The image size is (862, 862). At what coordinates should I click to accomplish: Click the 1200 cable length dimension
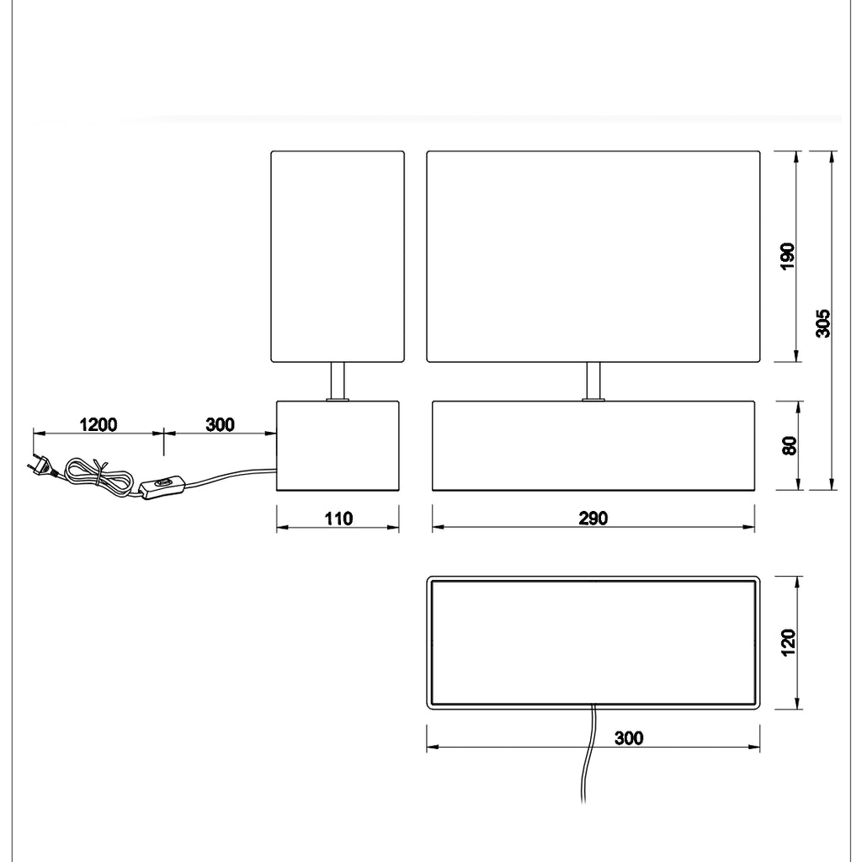98,425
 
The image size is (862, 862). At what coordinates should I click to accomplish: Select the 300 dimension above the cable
220,425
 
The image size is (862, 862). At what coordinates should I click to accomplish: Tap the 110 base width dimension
338,519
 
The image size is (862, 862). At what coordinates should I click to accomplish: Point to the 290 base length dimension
593,519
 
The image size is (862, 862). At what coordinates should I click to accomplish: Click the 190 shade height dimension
788,256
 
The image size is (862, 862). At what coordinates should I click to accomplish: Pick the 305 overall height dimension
823,323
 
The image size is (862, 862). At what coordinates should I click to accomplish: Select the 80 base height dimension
789,445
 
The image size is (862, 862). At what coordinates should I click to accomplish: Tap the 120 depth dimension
788,642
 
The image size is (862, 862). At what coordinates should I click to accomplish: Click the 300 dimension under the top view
629,737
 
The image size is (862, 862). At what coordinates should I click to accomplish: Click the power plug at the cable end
42,465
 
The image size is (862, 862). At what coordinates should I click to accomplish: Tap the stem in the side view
338,381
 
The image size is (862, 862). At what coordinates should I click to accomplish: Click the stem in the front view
593,381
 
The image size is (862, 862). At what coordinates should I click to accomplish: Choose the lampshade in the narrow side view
338,256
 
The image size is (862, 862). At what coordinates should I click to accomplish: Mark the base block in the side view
338,445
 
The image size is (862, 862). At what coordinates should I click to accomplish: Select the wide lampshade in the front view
593,256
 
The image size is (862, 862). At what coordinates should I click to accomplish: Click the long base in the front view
593,445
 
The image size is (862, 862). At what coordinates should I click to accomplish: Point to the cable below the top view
588,754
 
